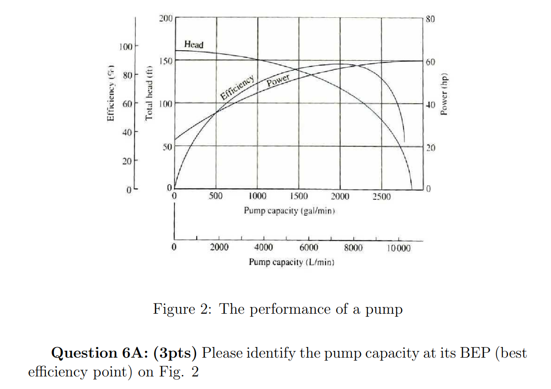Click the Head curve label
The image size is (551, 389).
click(194, 45)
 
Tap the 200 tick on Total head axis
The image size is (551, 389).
click(166, 19)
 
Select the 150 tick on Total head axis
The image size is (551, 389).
click(166, 61)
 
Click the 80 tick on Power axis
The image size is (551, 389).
click(430, 20)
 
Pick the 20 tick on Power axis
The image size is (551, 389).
click(430, 148)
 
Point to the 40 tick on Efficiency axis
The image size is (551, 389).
click(126, 132)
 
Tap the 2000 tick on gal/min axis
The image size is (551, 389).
click(340, 197)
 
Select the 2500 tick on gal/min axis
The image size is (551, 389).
click(382, 197)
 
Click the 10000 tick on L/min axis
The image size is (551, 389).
click(398, 248)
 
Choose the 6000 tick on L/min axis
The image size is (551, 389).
click(309, 248)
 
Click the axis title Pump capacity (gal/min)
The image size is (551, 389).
click(289, 211)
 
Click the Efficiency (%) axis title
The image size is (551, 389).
click(111, 95)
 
